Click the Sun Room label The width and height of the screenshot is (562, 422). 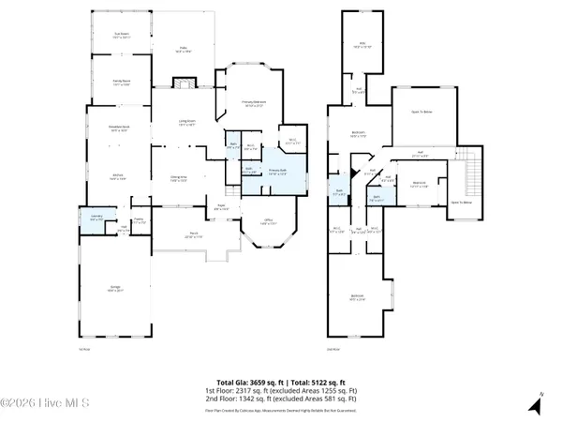tap(120, 37)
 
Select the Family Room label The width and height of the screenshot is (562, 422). tap(120, 83)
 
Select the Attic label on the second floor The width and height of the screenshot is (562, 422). tap(362, 43)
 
